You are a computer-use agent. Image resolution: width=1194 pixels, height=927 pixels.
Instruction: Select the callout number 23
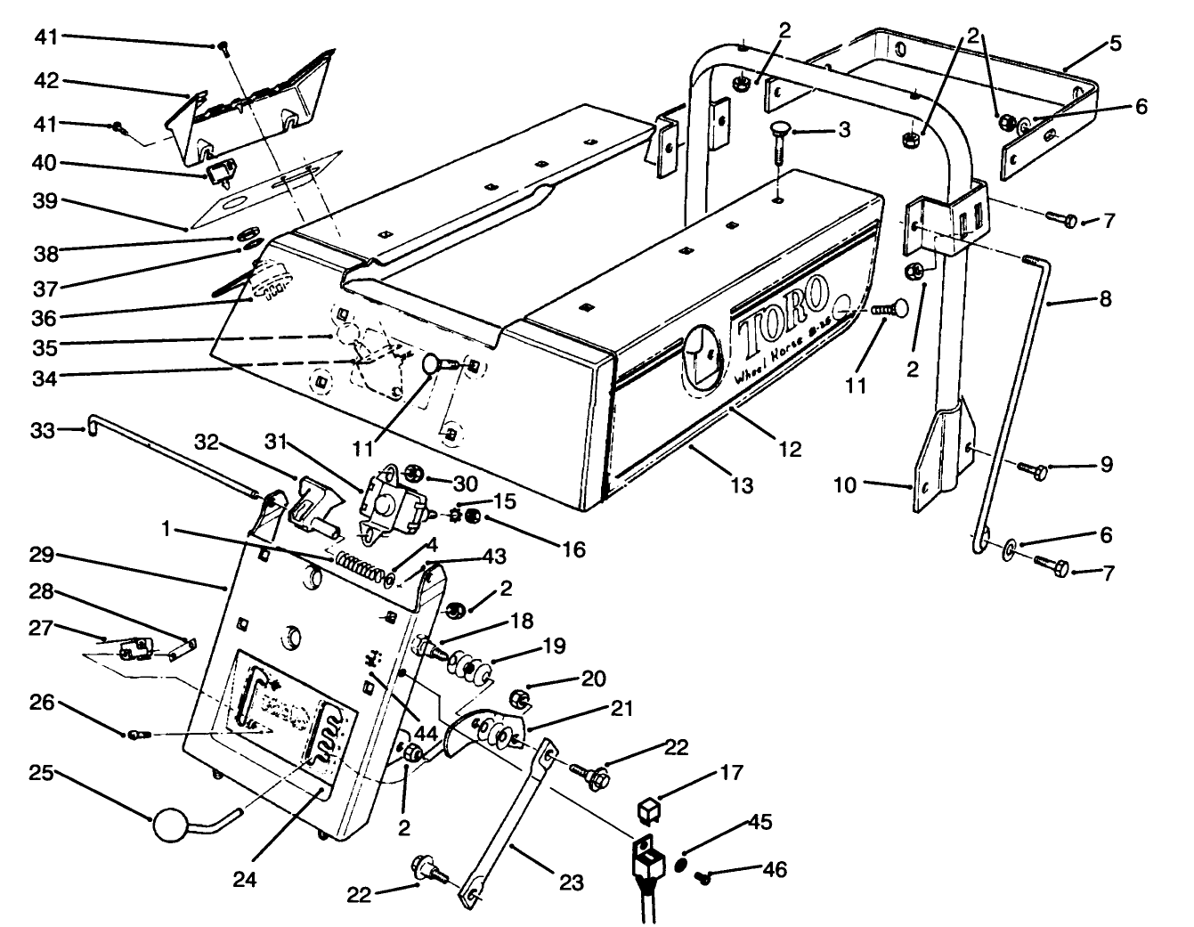tap(571, 882)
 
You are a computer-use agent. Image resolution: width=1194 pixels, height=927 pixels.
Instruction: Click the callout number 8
tap(1105, 299)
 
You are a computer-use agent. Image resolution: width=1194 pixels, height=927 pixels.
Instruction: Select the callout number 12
tap(789, 451)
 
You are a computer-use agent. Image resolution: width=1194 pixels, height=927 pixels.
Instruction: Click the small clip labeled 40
tap(220, 169)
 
